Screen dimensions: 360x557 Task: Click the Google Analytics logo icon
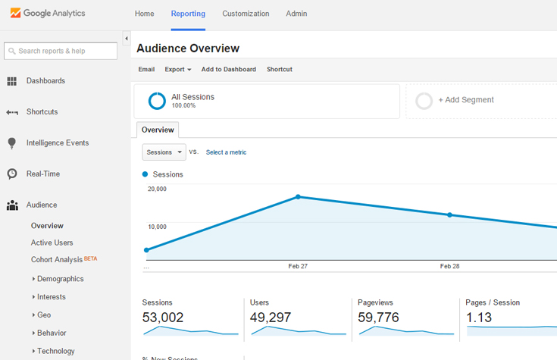[15, 14]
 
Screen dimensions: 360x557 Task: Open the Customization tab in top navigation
[246, 14]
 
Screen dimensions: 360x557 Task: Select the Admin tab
[296, 14]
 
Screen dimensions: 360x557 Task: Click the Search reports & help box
[61, 51]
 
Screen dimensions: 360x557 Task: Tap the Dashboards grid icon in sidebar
[12, 81]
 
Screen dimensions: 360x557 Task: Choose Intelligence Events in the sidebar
[57, 142]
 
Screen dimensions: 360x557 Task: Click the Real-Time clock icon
[12, 174]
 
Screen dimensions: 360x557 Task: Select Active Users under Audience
[52, 243]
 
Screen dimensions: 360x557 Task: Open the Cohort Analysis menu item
[57, 259]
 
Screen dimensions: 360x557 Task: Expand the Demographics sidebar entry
[60, 279]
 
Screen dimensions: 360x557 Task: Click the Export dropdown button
[177, 70]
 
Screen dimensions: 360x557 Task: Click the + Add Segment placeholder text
[465, 100]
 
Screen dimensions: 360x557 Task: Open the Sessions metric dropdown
[164, 152]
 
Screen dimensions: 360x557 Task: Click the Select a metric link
[226, 152]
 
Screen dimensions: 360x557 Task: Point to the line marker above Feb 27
[298, 197]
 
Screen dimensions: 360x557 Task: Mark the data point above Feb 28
[449, 215]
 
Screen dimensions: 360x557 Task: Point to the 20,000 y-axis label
[157, 189]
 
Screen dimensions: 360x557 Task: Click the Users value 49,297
[271, 318]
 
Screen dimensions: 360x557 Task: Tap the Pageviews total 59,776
[378, 318]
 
